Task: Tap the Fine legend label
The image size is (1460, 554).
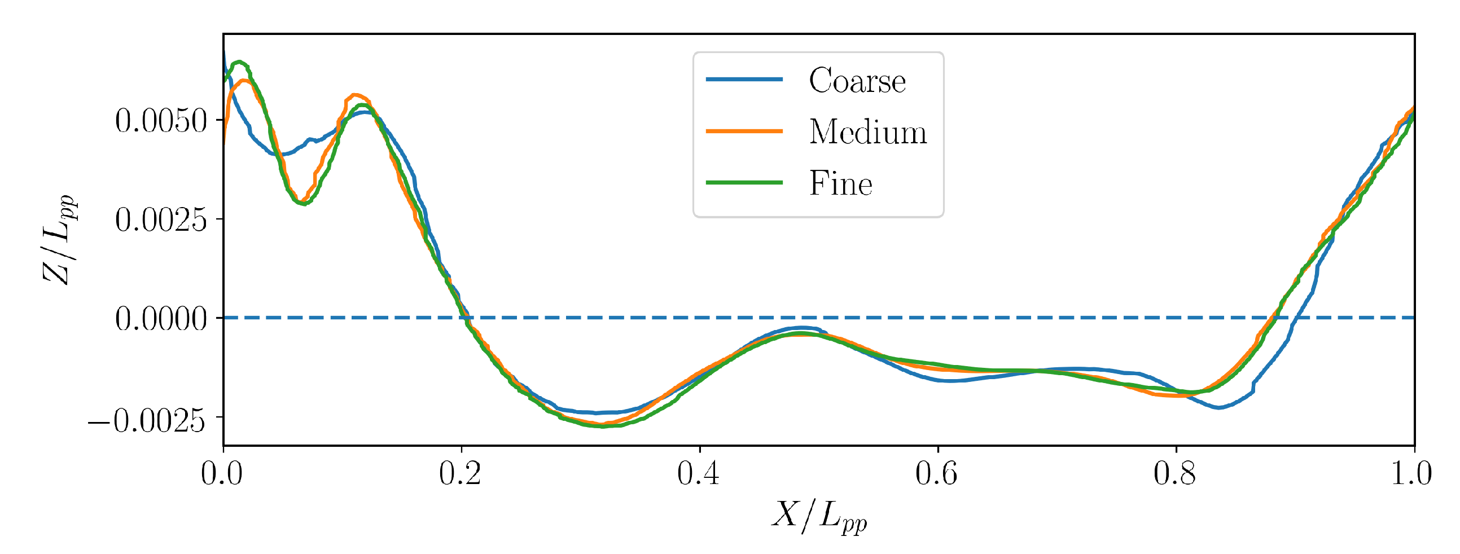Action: pos(840,183)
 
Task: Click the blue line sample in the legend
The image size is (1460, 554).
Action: pos(744,80)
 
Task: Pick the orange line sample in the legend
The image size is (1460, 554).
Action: pos(744,131)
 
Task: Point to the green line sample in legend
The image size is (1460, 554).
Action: pos(744,182)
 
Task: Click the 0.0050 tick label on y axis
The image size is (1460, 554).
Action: pos(161,120)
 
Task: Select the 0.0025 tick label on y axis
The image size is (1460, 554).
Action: pos(161,219)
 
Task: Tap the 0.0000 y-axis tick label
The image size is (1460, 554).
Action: pos(161,318)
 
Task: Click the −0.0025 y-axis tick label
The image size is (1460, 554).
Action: pos(146,420)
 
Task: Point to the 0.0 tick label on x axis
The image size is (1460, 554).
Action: pos(222,472)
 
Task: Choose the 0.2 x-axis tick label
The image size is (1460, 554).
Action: pos(460,472)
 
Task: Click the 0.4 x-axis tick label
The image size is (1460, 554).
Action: pos(698,472)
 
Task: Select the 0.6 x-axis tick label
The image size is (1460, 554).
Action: pos(937,472)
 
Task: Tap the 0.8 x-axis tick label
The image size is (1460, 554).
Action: pos(1175,472)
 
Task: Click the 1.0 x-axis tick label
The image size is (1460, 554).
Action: pos(1411,472)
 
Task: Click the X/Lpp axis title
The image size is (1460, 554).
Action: pos(819,516)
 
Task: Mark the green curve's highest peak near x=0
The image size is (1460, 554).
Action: pos(239,61)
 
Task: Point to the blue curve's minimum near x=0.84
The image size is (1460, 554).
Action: pos(1219,407)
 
